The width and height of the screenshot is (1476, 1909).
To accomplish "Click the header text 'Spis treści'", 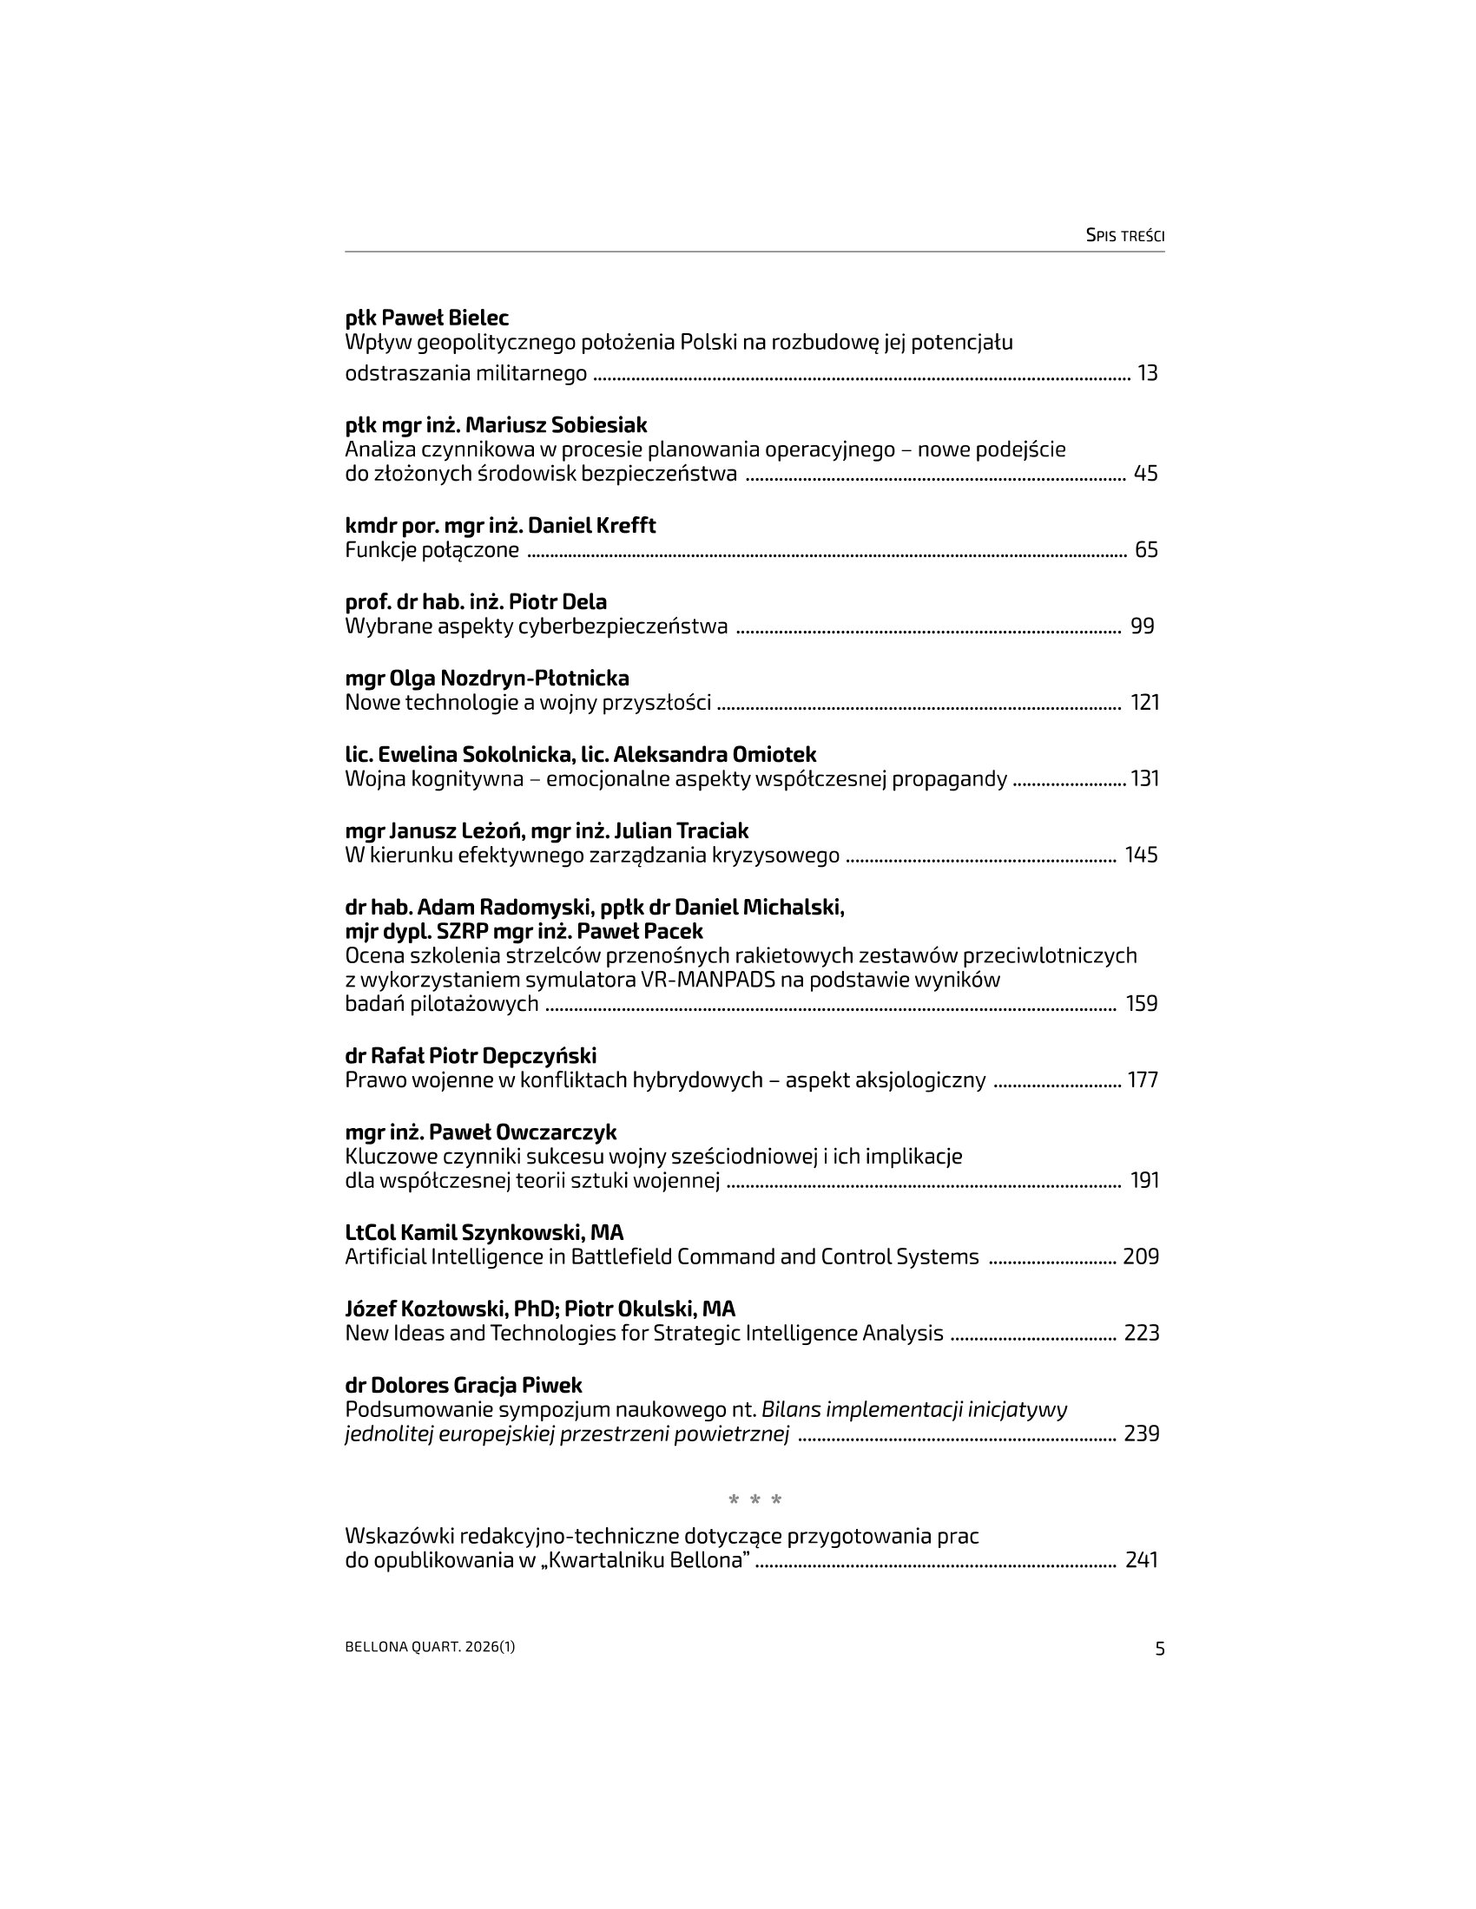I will pyautogui.click(x=1124, y=235).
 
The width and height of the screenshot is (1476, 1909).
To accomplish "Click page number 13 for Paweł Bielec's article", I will pyautogui.click(x=1147, y=373).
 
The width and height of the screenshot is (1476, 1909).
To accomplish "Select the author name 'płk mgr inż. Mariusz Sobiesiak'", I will pyautogui.click(x=496, y=425).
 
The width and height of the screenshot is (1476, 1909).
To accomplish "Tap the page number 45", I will pyautogui.click(x=1145, y=474).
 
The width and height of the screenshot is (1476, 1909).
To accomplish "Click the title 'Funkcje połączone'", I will pyautogui.click(x=432, y=550).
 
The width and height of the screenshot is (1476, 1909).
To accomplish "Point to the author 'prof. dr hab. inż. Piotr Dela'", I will pyautogui.click(x=476, y=601).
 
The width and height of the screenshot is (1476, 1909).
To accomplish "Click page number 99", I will pyautogui.click(x=1142, y=626).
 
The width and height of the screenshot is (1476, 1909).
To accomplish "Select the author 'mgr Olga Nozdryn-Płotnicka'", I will pyautogui.click(x=487, y=679).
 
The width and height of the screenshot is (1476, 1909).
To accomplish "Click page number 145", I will pyautogui.click(x=1141, y=855).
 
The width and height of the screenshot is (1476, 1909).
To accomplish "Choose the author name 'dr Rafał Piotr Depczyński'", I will pyautogui.click(x=471, y=1056).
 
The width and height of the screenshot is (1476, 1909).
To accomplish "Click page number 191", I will pyautogui.click(x=1144, y=1180).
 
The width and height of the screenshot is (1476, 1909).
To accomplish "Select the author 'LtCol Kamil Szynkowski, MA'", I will pyautogui.click(x=484, y=1232).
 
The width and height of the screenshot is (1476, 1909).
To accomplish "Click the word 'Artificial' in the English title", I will pyautogui.click(x=385, y=1257).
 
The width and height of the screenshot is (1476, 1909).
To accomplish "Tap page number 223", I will pyautogui.click(x=1141, y=1333).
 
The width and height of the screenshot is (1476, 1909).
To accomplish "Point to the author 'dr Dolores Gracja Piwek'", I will pyautogui.click(x=464, y=1386).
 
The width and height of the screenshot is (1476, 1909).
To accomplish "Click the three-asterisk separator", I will pyautogui.click(x=755, y=1501).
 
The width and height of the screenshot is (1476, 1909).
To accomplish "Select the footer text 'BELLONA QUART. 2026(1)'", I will pyautogui.click(x=430, y=1647).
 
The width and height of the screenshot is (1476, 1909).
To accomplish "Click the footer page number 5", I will pyautogui.click(x=1160, y=1649).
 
